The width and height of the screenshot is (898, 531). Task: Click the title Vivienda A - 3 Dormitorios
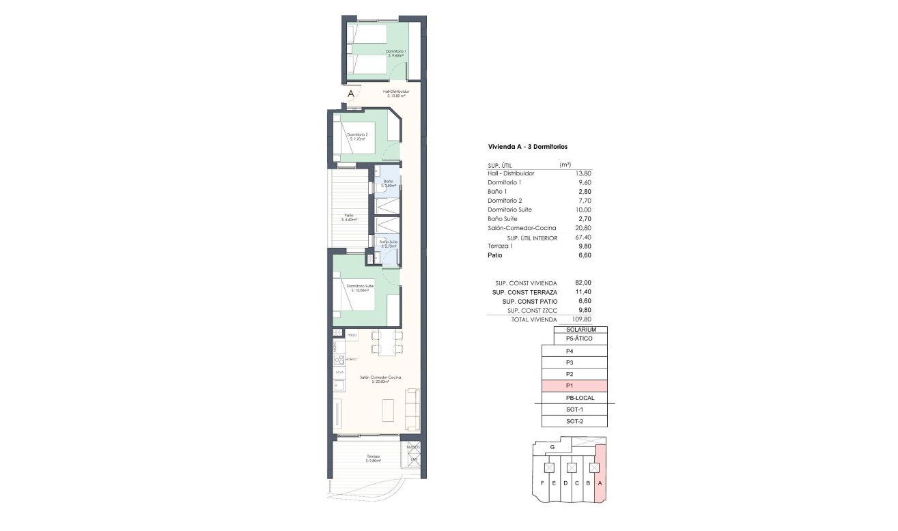coord(528,147)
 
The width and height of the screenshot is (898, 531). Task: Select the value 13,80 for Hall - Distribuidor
coord(583,173)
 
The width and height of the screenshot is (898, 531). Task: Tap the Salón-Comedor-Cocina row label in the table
coord(522,228)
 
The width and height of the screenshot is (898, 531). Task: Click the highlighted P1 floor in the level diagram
coord(574,386)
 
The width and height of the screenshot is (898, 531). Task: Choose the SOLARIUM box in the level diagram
coord(581,330)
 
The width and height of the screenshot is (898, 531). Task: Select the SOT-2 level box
coord(574,421)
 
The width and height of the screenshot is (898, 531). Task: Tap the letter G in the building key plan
coord(552,447)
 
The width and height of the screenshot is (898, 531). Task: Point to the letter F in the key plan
coord(542,483)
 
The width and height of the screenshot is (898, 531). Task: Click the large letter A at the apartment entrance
coord(351,94)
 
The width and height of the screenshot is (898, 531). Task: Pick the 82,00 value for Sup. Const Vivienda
coord(583,283)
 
